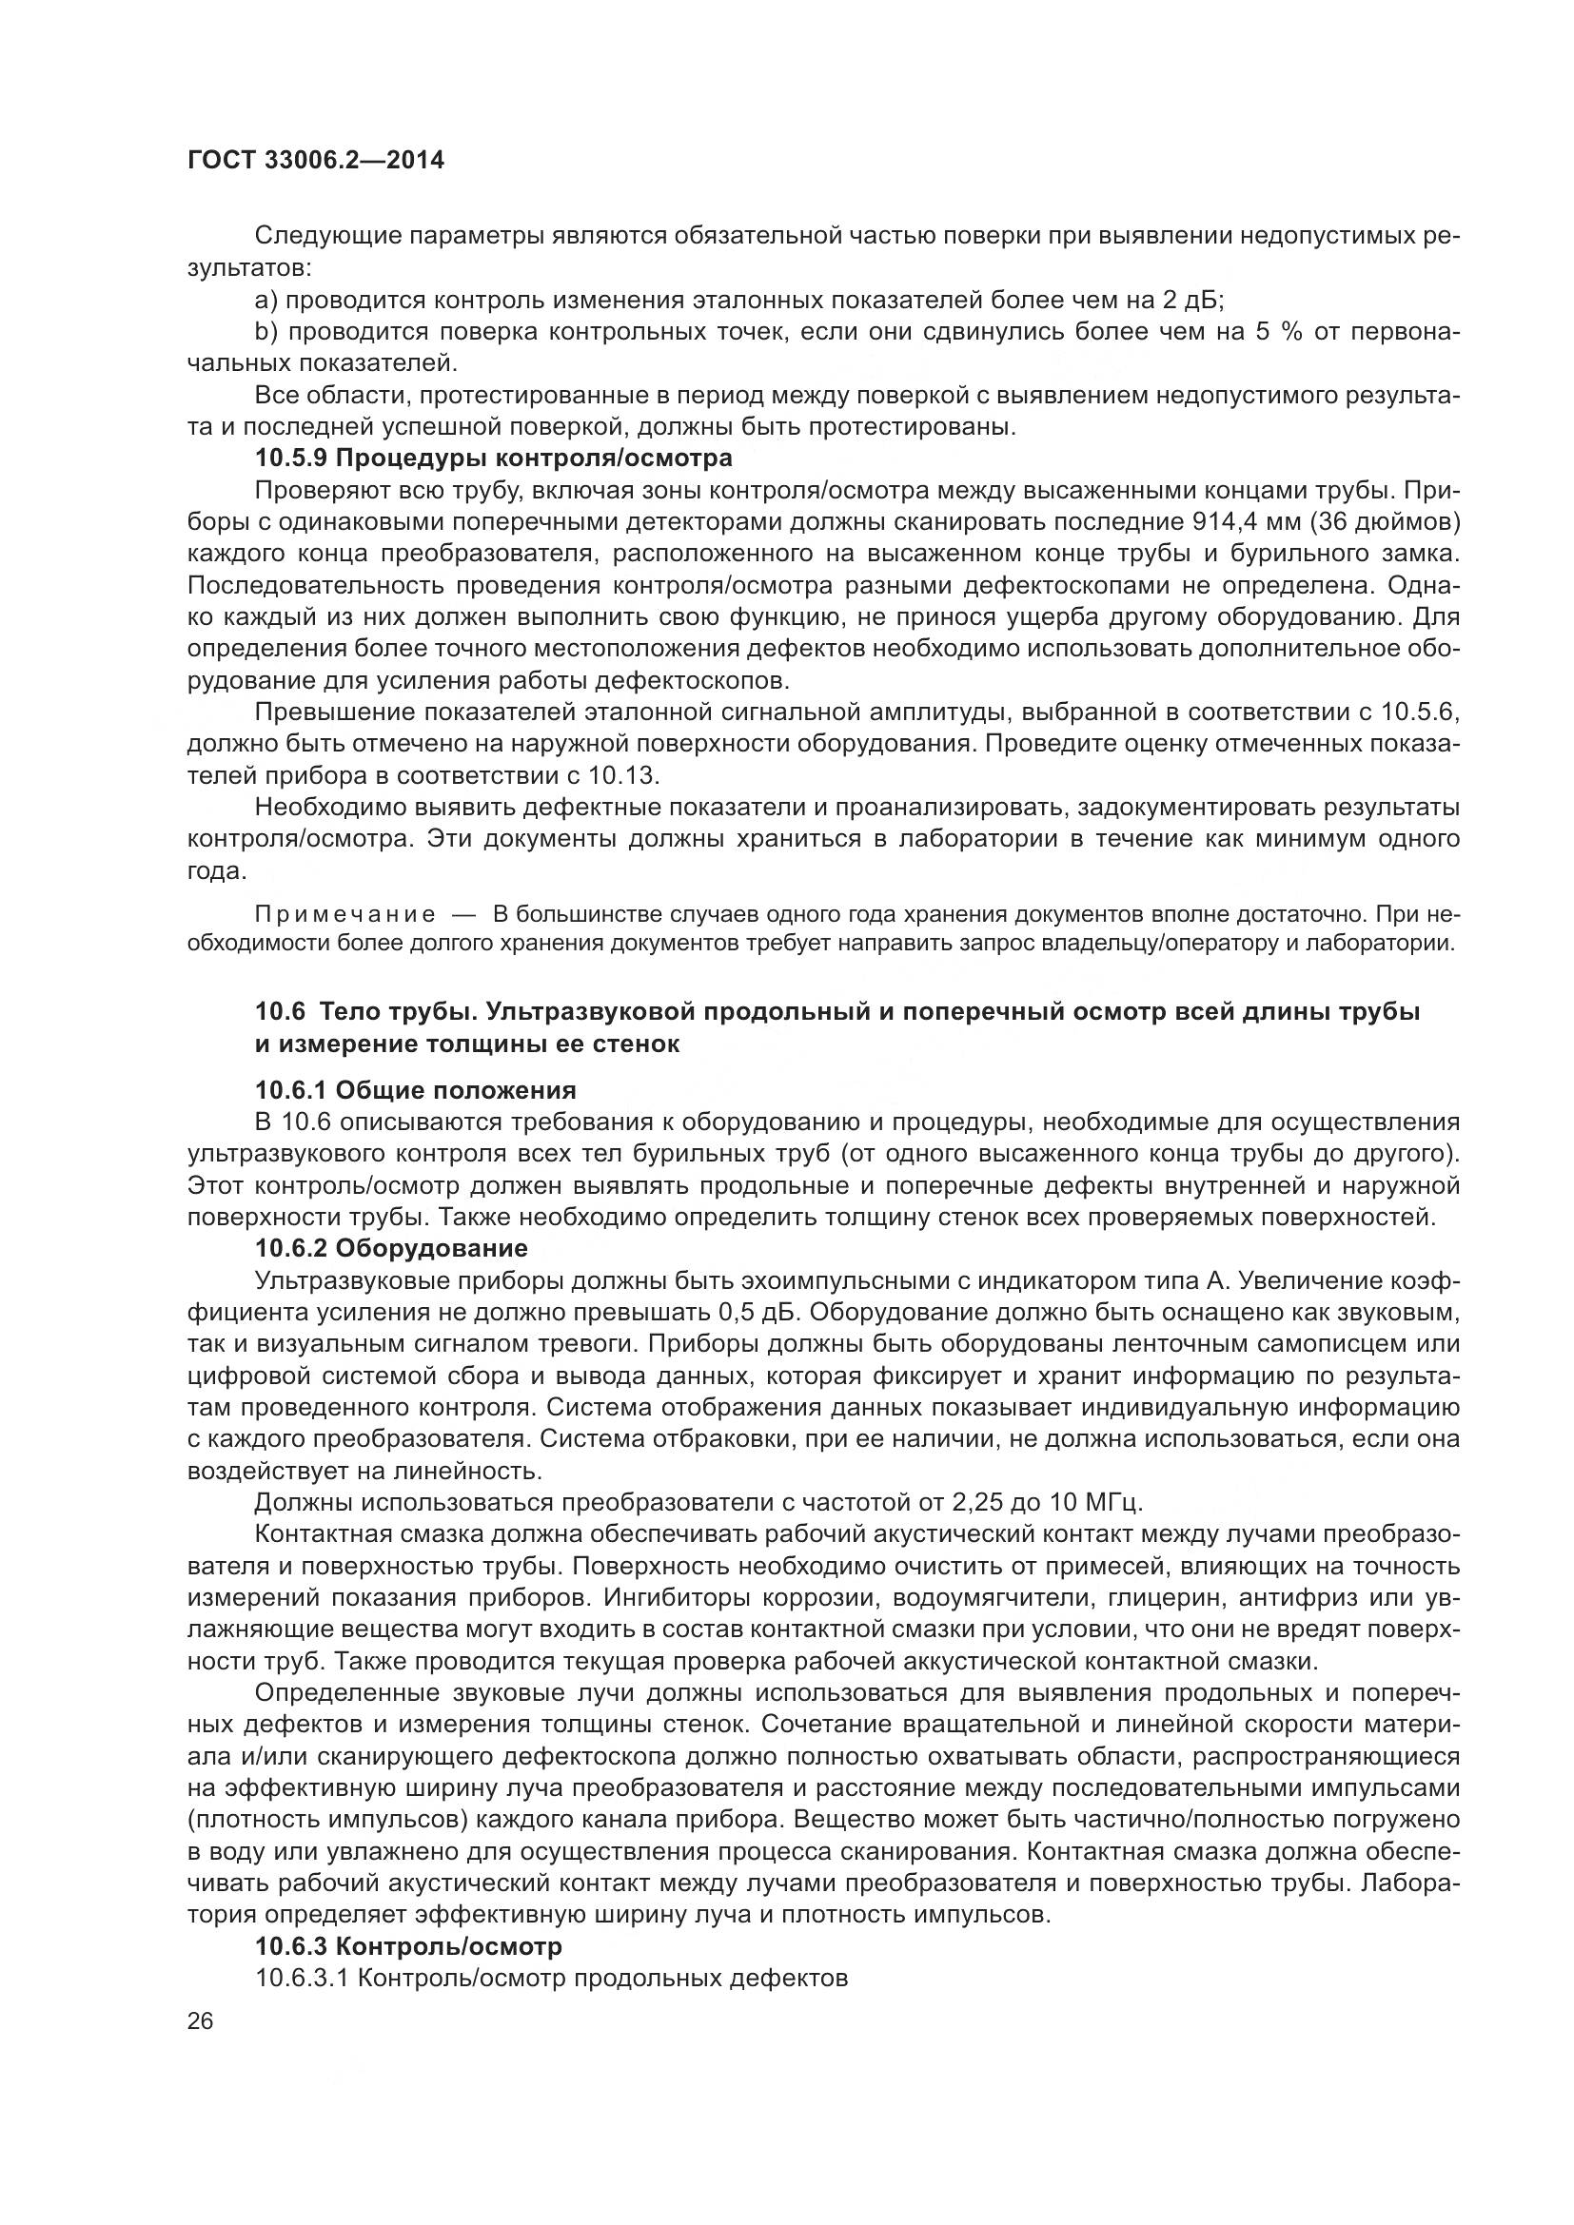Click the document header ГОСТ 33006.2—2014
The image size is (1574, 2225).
315,160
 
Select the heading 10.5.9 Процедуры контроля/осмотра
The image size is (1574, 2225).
493,457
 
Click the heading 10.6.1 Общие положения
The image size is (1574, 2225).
416,1091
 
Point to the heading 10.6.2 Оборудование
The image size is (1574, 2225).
391,1248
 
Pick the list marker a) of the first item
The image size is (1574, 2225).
266,300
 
